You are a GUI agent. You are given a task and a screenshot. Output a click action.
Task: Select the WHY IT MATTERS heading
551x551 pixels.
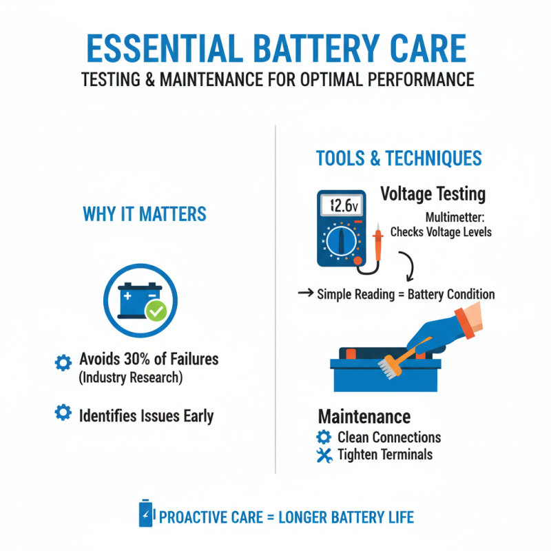(x=145, y=214)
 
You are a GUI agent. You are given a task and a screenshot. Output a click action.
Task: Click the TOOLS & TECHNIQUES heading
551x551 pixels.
(x=399, y=158)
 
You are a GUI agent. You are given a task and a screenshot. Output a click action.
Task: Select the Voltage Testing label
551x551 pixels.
(x=433, y=194)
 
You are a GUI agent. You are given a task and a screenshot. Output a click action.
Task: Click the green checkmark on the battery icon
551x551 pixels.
(x=157, y=312)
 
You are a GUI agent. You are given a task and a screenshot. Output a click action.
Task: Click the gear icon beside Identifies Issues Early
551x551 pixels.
(x=63, y=413)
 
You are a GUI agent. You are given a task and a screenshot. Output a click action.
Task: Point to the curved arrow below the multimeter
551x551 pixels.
(x=406, y=265)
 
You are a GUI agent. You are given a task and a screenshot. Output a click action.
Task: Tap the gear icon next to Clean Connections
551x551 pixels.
(x=324, y=437)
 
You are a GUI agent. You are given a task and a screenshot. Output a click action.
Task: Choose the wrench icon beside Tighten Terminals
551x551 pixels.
(x=324, y=455)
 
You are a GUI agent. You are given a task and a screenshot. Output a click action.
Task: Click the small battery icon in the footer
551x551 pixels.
(x=145, y=514)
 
